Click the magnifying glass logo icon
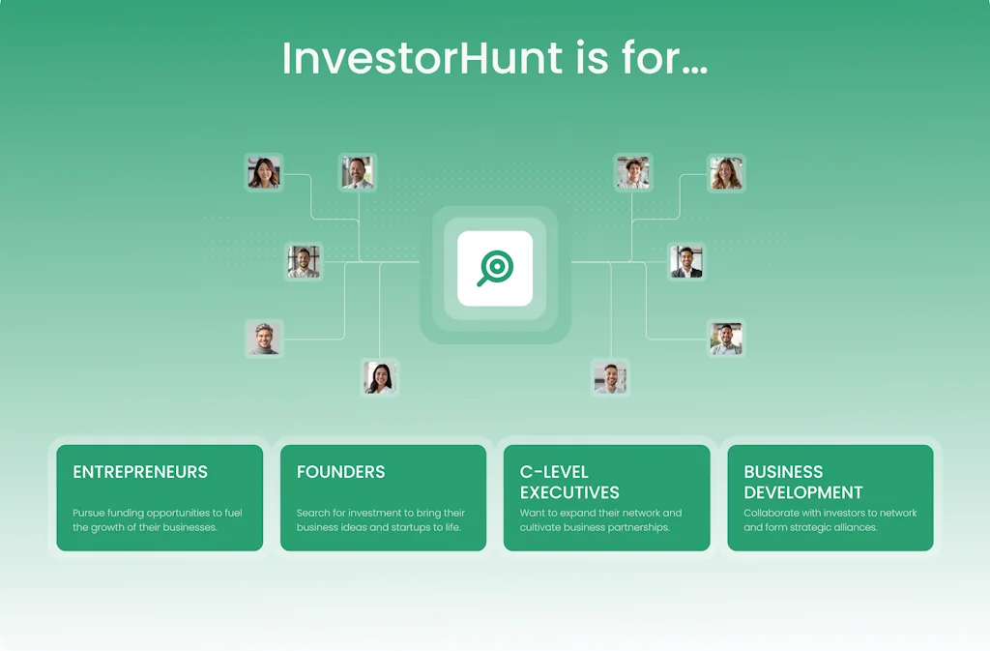(x=495, y=268)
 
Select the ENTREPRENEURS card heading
(x=140, y=472)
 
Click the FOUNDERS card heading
(x=340, y=472)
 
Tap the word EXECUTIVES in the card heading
(x=569, y=492)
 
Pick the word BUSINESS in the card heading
(x=783, y=472)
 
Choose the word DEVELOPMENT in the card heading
(x=803, y=492)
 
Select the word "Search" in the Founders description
(x=313, y=513)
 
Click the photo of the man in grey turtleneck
(x=265, y=339)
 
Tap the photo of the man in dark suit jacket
(x=686, y=261)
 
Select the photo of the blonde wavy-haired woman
(x=726, y=173)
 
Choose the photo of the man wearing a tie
(x=358, y=173)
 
